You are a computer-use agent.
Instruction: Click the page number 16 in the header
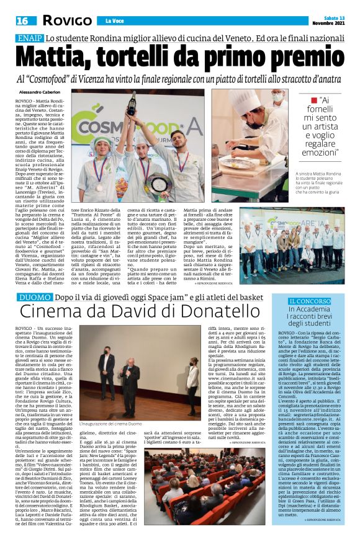[x=22, y=20]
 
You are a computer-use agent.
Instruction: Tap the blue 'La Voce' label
[x=114, y=20]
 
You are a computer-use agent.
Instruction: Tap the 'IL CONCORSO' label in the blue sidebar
[x=310, y=301]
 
